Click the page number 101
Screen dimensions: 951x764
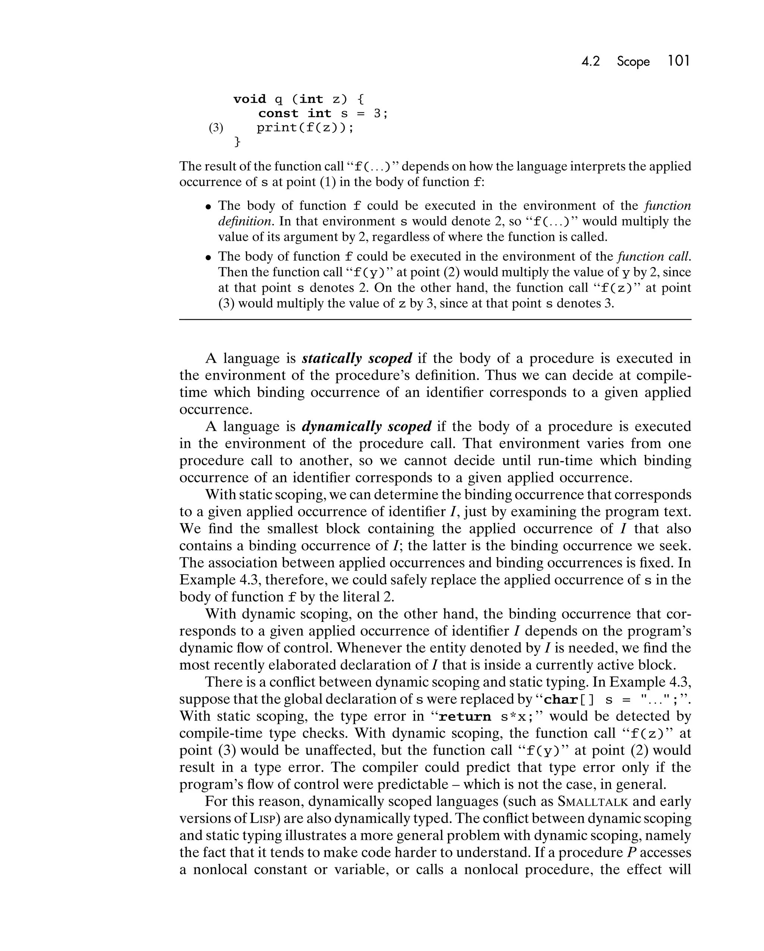(x=679, y=60)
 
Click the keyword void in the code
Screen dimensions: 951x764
(x=250, y=99)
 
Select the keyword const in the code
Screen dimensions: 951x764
(x=278, y=113)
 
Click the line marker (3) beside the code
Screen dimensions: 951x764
(x=216, y=128)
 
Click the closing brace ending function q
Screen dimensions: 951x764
(x=237, y=142)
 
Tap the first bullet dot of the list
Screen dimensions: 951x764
(x=209, y=206)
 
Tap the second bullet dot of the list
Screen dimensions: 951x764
(x=209, y=257)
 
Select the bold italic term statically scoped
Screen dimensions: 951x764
(x=357, y=358)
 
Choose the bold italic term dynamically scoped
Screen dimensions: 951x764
(x=367, y=426)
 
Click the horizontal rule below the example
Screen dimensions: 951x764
(x=435, y=319)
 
